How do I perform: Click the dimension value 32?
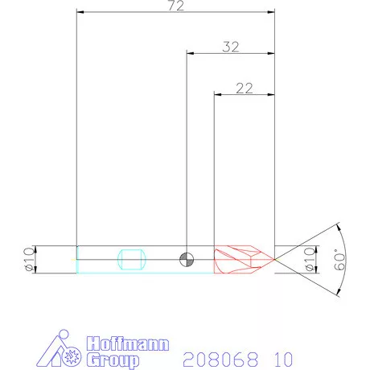(x=232, y=47)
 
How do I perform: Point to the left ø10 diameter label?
(x=29, y=259)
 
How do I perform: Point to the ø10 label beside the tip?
(x=306, y=259)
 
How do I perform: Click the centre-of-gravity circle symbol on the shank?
(x=187, y=259)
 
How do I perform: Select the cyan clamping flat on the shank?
(x=131, y=259)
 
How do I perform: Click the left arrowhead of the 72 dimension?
(x=79, y=13)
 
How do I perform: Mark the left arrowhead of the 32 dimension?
(x=190, y=53)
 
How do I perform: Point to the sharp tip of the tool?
(x=275, y=259)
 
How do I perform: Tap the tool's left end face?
(x=76, y=259)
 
